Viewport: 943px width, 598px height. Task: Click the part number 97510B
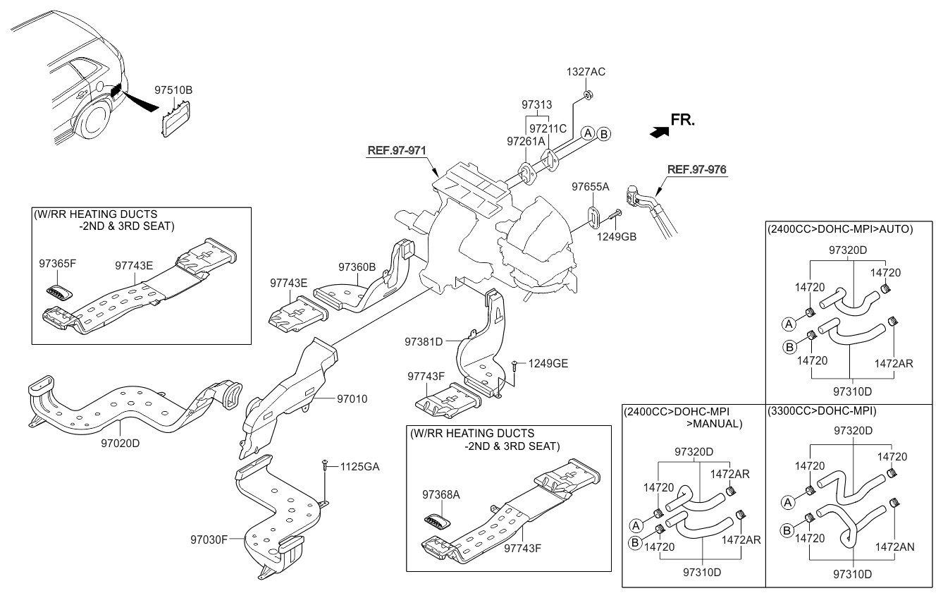click(x=173, y=90)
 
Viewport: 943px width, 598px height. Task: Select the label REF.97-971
click(x=397, y=150)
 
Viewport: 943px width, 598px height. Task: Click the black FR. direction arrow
click(x=658, y=130)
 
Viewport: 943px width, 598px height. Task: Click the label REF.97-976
click(x=697, y=169)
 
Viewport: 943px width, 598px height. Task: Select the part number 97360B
click(x=357, y=267)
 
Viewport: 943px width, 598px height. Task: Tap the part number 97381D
click(x=424, y=341)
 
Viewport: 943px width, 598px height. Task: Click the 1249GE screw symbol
click(x=516, y=365)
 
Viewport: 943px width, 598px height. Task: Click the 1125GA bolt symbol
click(x=323, y=465)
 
